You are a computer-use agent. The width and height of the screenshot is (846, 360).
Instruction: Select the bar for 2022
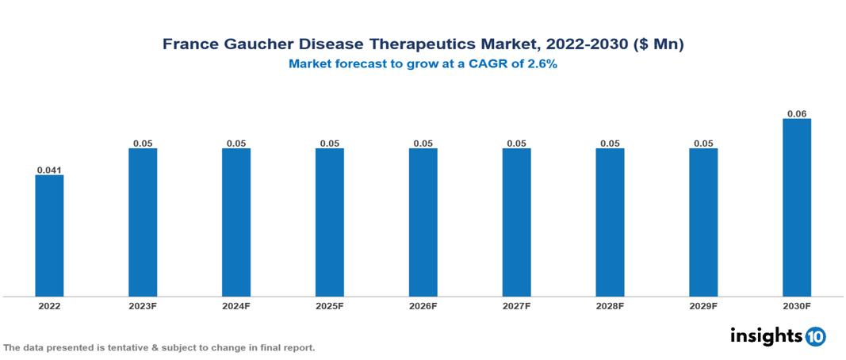tap(49, 236)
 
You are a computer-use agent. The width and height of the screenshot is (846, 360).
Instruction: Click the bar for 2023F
tap(143, 222)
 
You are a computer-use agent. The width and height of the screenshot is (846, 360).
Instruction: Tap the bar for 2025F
tap(330, 222)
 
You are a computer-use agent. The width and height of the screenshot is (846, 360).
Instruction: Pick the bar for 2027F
tap(516, 222)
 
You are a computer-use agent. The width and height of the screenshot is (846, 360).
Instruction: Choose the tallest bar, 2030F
tap(797, 208)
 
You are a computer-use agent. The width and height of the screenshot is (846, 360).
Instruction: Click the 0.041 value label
tap(49, 170)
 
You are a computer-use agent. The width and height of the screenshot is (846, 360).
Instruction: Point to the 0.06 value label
tap(797, 114)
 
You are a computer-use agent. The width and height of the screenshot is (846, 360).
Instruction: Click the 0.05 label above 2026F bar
tap(423, 144)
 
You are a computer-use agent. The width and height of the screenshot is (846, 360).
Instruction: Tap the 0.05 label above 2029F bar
tap(703, 144)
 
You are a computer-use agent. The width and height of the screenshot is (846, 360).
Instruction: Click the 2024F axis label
tap(236, 306)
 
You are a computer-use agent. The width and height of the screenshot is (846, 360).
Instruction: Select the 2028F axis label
tap(610, 306)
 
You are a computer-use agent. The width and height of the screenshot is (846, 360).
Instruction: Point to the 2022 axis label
tap(49, 306)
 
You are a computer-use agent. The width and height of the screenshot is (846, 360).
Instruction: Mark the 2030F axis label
tap(797, 306)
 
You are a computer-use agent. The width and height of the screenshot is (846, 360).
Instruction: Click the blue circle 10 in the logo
tap(815, 336)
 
